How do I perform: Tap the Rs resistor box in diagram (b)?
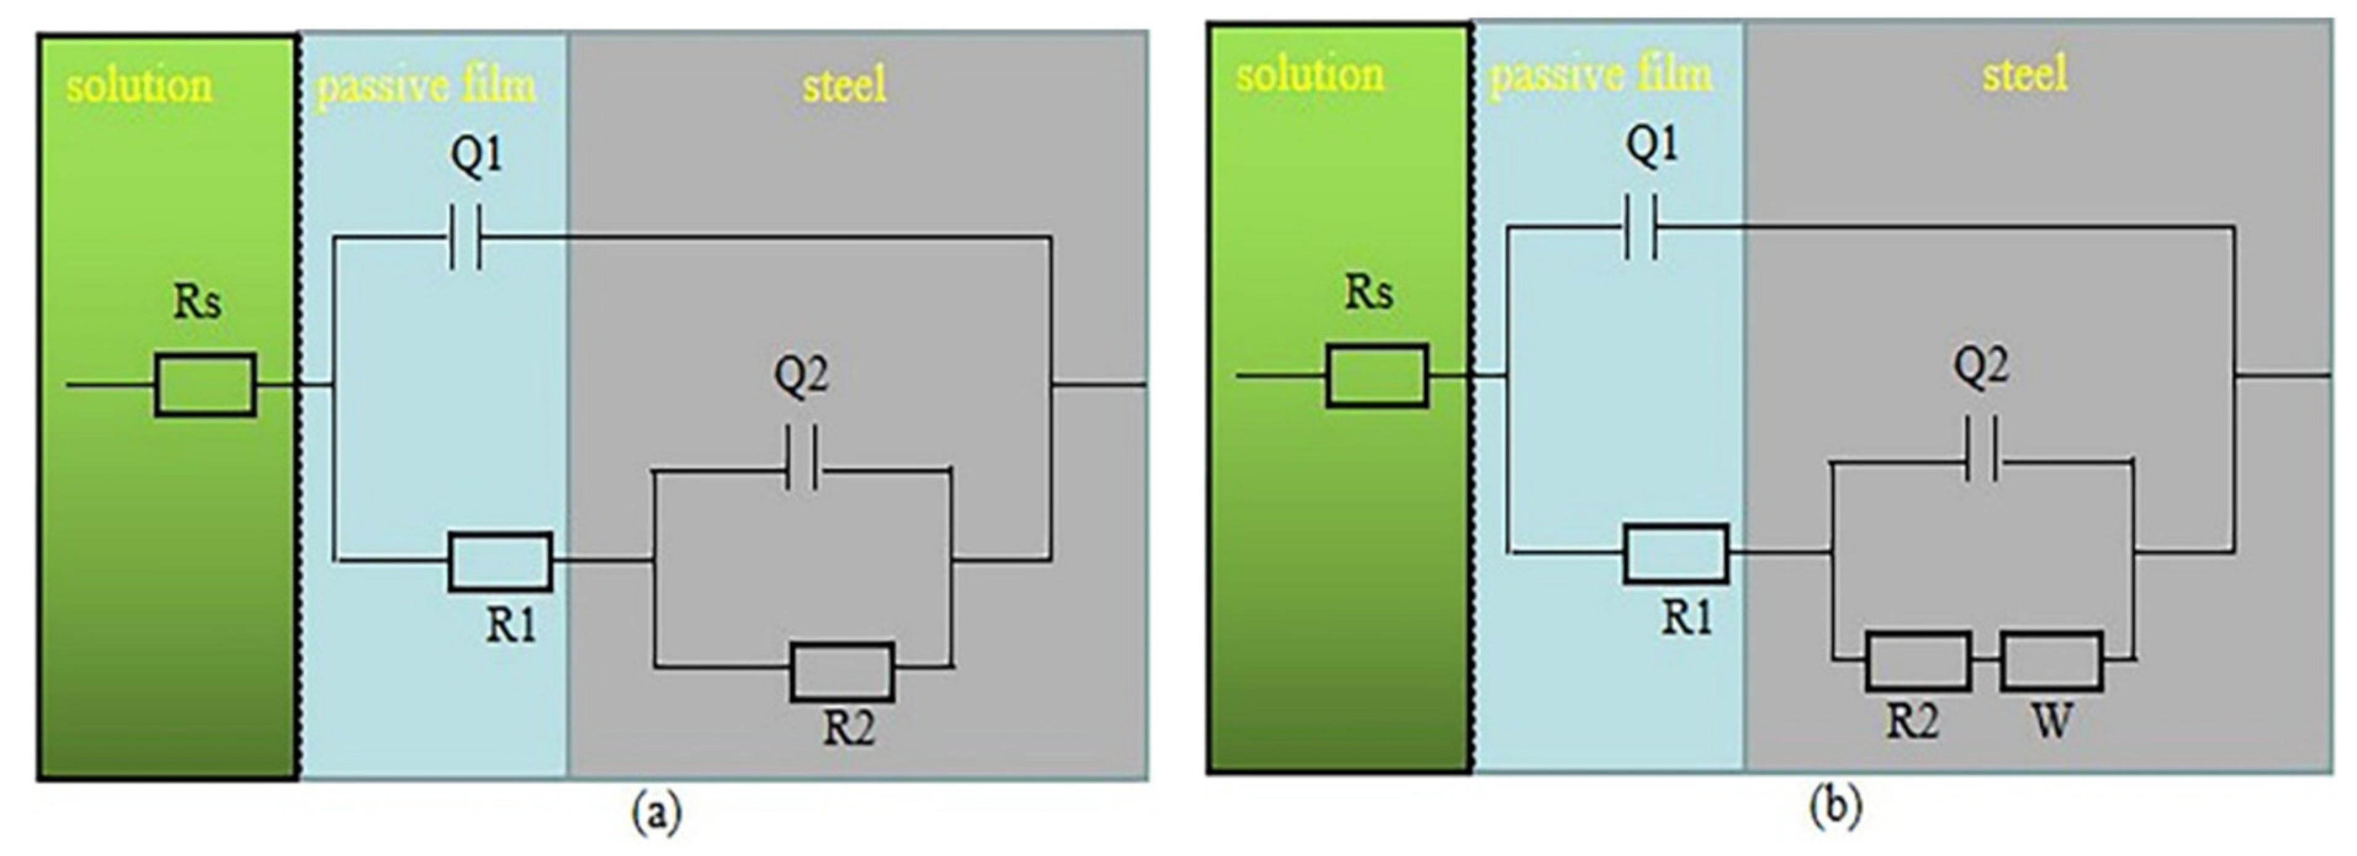(x=1376, y=376)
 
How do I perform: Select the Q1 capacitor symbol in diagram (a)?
(x=465, y=236)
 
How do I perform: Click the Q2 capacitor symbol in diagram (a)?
(x=803, y=470)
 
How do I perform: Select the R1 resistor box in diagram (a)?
(x=499, y=561)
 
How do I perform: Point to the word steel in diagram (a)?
(x=845, y=85)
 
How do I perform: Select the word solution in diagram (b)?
(x=1310, y=74)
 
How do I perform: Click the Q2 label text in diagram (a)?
(x=801, y=376)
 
